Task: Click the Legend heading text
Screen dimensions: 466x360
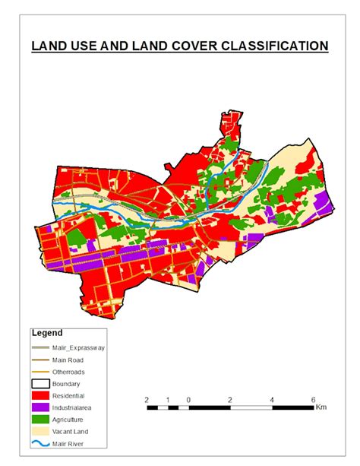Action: [47, 333]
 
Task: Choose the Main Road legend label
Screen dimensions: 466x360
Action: [70, 360]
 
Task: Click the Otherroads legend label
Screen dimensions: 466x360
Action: [71, 372]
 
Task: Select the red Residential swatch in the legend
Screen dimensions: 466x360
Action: [41, 395]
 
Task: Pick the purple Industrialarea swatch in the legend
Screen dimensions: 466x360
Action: [41, 407]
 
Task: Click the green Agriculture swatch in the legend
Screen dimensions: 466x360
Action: [41, 419]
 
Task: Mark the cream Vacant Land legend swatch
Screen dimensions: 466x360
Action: [41, 431]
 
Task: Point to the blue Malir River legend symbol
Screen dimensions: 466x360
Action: [41, 443]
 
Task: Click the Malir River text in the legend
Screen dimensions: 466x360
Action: [70, 443]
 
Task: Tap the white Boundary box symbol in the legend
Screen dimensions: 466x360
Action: [41, 384]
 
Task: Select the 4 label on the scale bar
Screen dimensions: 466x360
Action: [271, 399]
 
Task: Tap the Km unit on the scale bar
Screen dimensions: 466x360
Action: [322, 408]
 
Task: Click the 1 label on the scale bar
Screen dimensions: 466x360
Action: [167, 399]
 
